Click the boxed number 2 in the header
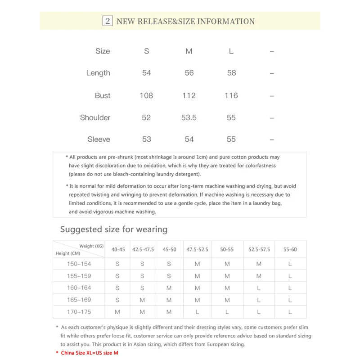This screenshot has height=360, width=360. (108, 21)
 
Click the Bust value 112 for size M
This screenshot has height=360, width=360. (189, 95)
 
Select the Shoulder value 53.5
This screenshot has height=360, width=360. (189, 117)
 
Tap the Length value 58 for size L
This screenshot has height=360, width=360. (231, 73)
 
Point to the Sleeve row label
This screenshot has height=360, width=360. (99, 139)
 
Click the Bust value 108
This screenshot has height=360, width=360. (146, 95)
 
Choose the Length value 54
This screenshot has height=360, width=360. (147, 73)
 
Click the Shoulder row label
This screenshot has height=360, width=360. (95, 117)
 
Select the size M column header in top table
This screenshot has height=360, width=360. (189, 51)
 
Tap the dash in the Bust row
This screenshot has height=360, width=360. (272, 96)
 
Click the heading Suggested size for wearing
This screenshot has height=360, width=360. (114, 229)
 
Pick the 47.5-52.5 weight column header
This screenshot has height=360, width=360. (198, 249)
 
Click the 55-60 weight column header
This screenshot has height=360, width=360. (290, 249)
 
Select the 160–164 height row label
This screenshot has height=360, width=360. (79, 288)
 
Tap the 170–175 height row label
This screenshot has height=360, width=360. (79, 312)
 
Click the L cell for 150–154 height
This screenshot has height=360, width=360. (290, 264)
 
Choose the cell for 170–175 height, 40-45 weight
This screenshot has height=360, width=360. (117, 312)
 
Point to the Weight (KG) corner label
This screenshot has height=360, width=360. (92, 246)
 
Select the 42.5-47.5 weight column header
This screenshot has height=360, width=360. (143, 249)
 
